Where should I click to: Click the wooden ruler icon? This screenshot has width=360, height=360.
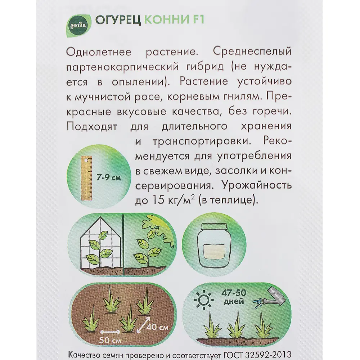coord(86,178)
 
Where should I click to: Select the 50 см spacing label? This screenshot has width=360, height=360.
coord(111,340)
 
